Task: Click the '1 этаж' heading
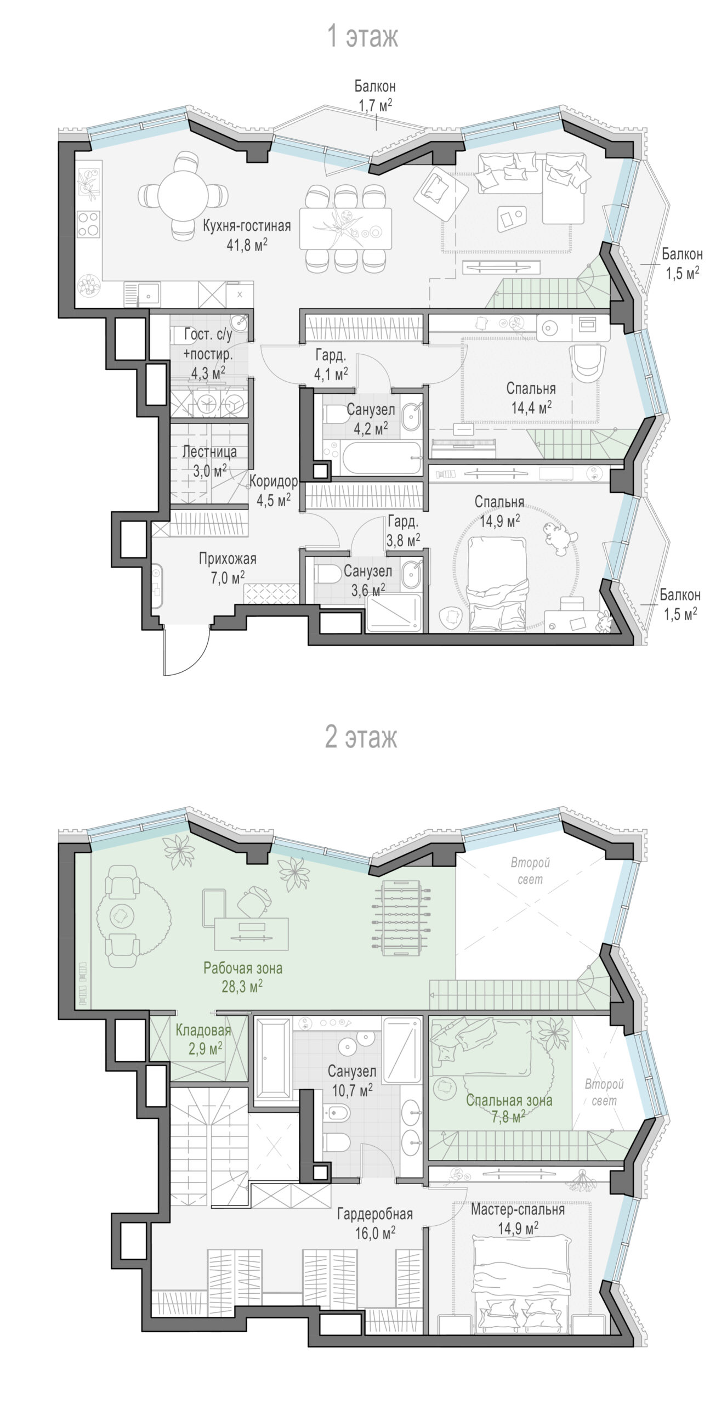(x=362, y=36)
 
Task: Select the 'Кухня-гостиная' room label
(x=247, y=225)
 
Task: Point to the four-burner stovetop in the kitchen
(x=88, y=224)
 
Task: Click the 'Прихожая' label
(x=228, y=559)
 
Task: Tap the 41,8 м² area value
(x=247, y=245)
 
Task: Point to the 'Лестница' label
(x=209, y=452)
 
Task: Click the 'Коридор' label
(x=274, y=481)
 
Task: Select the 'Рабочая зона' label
(x=243, y=968)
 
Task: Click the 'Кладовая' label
(x=203, y=1029)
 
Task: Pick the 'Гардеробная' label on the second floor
(x=375, y=1214)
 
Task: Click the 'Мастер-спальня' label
(x=518, y=1209)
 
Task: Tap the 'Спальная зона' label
(x=509, y=1100)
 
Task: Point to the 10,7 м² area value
(x=353, y=1090)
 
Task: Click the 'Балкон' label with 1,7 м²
(x=375, y=86)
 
